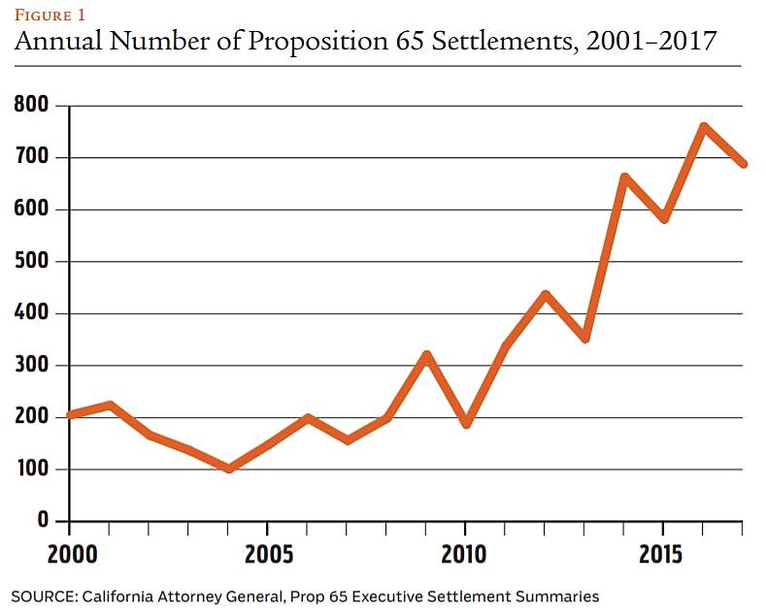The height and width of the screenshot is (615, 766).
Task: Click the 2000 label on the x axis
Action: (x=69, y=558)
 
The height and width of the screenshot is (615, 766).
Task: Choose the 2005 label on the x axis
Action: (x=267, y=558)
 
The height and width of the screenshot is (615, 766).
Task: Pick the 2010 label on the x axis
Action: (x=465, y=558)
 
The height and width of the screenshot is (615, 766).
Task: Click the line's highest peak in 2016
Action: (x=703, y=126)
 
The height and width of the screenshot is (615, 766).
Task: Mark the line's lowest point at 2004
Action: (x=228, y=469)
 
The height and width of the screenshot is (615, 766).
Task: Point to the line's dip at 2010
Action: (x=466, y=424)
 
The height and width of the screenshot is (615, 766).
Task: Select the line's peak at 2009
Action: (x=426, y=355)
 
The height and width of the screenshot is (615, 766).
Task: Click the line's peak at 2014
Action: (x=624, y=178)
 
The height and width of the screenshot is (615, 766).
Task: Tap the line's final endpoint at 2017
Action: (x=743, y=164)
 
